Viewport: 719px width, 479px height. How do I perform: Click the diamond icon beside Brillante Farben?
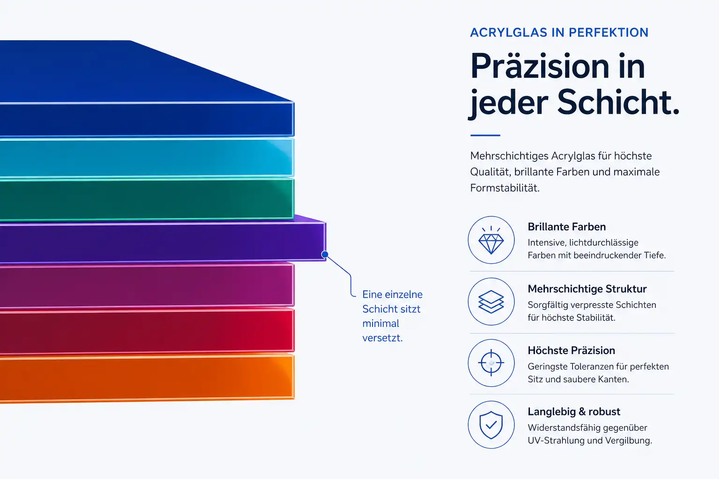[x=491, y=240]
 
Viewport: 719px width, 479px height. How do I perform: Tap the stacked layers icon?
[x=491, y=302]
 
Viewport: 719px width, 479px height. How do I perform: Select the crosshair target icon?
[x=491, y=363]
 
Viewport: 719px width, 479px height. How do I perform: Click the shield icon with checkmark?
[x=491, y=425]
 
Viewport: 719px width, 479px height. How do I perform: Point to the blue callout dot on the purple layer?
[x=325, y=254]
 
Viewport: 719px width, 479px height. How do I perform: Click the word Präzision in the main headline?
[x=540, y=66]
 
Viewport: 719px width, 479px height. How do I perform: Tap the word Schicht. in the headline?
[x=618, y=102]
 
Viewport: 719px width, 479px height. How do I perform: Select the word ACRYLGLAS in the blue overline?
[x=508, y=32]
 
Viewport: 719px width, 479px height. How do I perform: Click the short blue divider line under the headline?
[x=485, y=135]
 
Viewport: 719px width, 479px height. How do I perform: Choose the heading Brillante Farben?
[x=566, y=227]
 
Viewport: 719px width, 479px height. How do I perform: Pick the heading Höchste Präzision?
[x=572, y=350]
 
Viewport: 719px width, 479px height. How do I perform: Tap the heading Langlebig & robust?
[x=574, y=412]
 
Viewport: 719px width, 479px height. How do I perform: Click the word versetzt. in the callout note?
[x=382, y=338]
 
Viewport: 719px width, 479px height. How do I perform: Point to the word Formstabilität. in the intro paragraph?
[x=505, y=188]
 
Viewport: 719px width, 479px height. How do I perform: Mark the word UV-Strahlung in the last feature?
[x=556, y=441]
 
